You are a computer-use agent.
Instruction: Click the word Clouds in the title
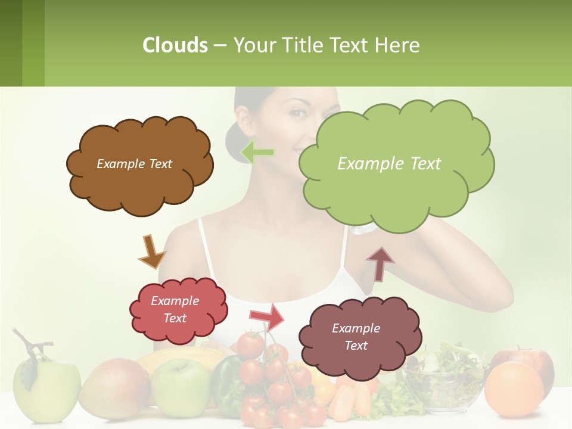(x=175, y=45)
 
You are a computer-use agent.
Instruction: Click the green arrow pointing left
(x=257, y=153)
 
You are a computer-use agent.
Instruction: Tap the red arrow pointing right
(x=266, y=316)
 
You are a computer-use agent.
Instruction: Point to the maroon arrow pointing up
(x=380, y=264)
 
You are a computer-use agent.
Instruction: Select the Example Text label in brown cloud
(x=134, y=164)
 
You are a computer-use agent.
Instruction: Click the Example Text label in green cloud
(x=389, y=164)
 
